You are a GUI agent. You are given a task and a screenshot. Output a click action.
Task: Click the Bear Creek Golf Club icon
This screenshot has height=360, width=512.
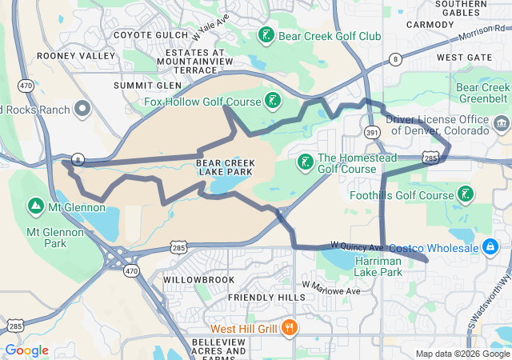tap(266, 35)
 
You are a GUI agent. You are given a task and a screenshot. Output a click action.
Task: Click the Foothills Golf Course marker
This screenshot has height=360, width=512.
tap(465, 194)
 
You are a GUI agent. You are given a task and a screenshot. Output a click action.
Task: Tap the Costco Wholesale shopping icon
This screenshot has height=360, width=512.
tap(488, 248)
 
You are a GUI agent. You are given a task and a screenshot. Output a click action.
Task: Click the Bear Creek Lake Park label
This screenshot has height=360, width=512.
tap(225, 167)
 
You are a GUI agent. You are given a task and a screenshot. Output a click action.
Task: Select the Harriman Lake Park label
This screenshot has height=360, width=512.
tap(378, 266)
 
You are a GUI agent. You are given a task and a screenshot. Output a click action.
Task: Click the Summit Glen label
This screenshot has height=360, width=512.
tap(146, 85)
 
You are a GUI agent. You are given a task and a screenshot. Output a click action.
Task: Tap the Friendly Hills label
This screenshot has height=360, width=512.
tap(266, 297)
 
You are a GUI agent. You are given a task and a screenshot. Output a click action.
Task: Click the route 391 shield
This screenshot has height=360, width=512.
tap(371, 131)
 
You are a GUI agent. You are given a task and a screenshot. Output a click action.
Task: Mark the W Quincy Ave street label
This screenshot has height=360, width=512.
tap(358, 246)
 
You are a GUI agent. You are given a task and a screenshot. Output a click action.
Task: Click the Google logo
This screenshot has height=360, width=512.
tap(26, 350)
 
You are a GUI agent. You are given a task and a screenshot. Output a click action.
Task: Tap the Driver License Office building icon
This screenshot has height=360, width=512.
tap(502, 123)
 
